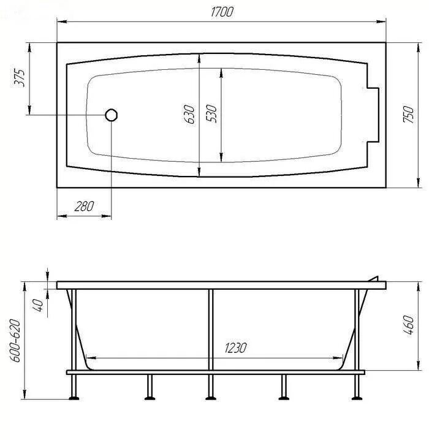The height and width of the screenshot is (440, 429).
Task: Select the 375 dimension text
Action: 19,78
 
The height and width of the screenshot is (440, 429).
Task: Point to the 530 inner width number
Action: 212,115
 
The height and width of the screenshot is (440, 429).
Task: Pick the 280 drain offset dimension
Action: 83,207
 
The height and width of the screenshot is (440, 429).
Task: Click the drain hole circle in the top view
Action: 112,115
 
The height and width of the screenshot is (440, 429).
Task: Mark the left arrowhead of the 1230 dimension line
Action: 89,358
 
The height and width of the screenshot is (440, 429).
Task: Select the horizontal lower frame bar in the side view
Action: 214,372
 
